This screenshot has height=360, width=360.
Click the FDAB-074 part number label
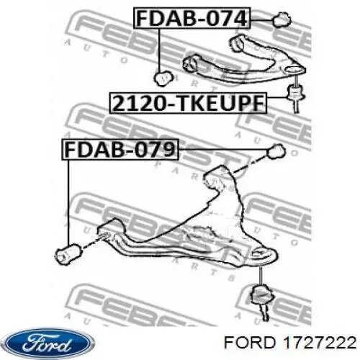pyautogui.click(x=192, y=19)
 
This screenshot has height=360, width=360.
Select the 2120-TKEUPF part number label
pyautogui.click(x=188, y=103)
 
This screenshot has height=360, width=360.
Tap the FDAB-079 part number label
pyautogui.click(x=120, y=149)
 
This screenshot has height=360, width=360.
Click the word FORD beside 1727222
pyautogui.click(x=252, y=343)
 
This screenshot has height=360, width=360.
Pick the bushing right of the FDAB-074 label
pyautogui.click(x=282, y=20)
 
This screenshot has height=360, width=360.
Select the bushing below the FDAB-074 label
pyautogui.click(x=163, y=78)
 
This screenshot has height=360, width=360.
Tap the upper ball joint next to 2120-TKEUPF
pyautogui.click(x=296, y=94)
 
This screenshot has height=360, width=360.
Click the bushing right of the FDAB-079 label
pyautogui.click(x=276, y=151)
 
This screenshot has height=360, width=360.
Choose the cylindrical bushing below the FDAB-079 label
pyautogui.click(x=68, y=253)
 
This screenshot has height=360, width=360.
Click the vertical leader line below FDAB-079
pyautogui.click(x=68, y=202)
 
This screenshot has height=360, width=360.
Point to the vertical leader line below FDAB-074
pyautogui.click(x=159, y=50)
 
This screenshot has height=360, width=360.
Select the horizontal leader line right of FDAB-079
pyautogui.click(x=223, y=150)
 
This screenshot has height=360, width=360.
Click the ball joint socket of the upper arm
pyautogui.click(x=294, y=70)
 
